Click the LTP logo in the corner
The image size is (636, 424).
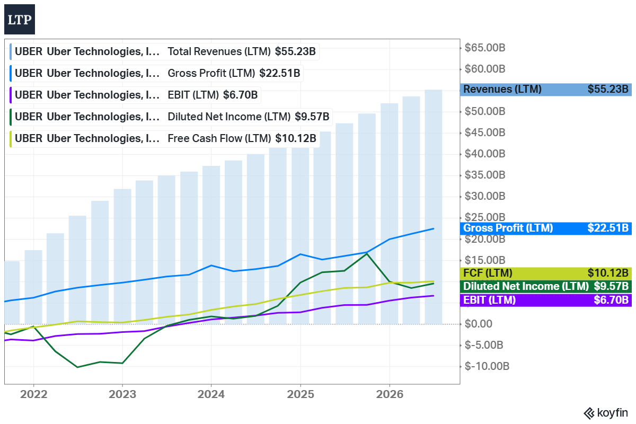(x=20, y=19)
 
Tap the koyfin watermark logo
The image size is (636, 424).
(x=606, y=413)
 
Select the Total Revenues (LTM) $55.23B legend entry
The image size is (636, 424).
(x=164, y=52)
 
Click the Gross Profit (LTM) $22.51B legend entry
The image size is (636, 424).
(x=156, y=73)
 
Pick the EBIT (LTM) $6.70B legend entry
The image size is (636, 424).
(x=135, y=95)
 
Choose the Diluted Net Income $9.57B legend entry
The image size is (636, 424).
(x=171, y=117)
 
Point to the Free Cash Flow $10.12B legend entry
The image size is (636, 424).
(x=165, y=138)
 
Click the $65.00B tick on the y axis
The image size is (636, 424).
(x=484, y=48)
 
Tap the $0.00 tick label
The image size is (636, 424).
(x=478, y=324)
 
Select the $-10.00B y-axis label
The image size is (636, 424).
(x=487, y=366)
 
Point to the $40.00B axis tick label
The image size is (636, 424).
(x=484, y=154)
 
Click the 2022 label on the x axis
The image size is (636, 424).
(x=34, y=394)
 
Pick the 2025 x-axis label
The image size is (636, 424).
(x=301, y=394)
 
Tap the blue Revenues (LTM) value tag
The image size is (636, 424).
(x=546, y=90)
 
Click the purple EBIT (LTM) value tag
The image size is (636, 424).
(x=546, y=300)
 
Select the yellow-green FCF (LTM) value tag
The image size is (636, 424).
(x=546, y=273)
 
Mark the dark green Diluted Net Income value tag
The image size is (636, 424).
(x=546, y=287)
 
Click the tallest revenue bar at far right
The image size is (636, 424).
(x=434, y=207)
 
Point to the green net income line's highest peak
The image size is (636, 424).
(x=367, y=253)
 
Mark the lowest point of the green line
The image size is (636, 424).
(x=77, y=367)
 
